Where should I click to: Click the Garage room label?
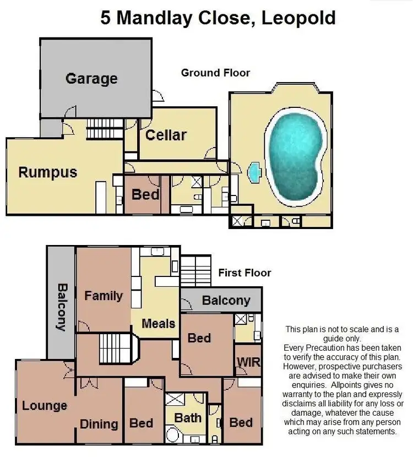(x=91, y=78)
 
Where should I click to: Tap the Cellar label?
(x=166, y=135)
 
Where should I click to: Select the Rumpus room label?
(x=48, y=172)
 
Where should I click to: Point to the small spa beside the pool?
(x=254, y=172)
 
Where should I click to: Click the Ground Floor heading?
(x=215, y=73)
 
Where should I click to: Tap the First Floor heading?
(x=244, y=273)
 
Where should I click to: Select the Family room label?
(x=104, y=296)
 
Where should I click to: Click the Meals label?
(x=159, y=323)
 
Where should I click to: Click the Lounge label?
(x=45, y=406)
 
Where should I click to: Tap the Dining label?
(x=99, y=424)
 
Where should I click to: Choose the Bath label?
(x=188, y=418)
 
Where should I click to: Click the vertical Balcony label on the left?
(x=61, y=307)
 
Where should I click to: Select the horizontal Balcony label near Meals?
(x=226, y=301)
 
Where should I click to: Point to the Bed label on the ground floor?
(x=146, y=194)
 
